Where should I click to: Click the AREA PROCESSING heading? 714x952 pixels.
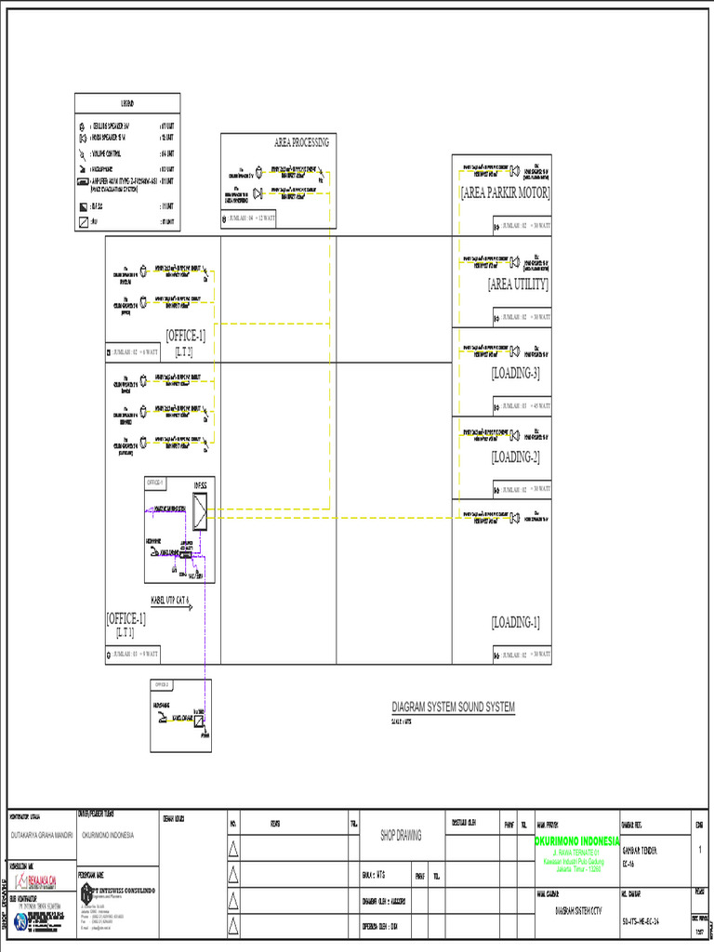coord(301,142)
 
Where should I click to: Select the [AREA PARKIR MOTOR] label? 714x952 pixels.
coord(505,193)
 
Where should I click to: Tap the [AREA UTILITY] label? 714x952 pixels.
coord(518,284)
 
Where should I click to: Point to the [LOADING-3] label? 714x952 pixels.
coord(515,373)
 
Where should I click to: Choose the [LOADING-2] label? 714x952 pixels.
coord(515,457)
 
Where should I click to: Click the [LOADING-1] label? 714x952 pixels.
coord(515,622)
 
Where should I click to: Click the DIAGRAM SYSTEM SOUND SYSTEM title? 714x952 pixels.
coord(453,707)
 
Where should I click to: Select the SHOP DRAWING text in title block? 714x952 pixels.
coord(401,835)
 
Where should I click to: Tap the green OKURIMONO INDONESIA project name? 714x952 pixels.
coord(578,841)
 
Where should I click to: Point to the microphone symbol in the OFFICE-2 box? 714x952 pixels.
coord(164,718)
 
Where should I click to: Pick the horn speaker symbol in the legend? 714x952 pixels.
coord(83,139)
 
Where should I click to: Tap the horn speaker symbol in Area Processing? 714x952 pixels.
coord(256,192)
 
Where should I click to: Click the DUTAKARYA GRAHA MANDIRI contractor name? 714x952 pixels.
coord(47,835)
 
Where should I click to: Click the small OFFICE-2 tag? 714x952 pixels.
coord(162,684)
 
